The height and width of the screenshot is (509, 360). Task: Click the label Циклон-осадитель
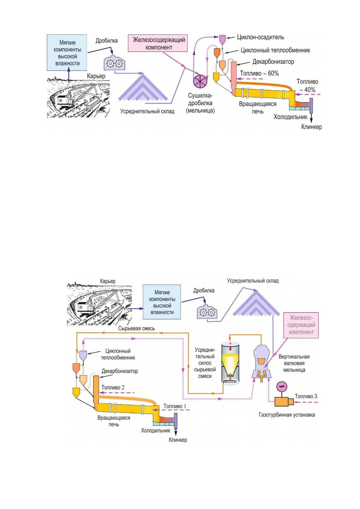coord(260,37)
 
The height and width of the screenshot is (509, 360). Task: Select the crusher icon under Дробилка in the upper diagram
coord(114,63)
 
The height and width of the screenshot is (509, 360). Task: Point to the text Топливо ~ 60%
coord(259,73)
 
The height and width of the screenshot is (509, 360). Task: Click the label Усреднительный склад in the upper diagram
coord(147,111)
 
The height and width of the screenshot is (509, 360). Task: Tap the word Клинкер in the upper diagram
coord(311,127)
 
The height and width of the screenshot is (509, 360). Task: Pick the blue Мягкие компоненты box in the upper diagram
coord(67,53)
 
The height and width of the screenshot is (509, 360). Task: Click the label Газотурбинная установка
coord(287,415)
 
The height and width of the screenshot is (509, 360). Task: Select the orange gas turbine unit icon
coord(284,401)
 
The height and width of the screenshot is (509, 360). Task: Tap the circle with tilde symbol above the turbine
coord(282,386)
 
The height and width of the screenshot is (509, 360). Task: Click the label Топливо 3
coord(306,396)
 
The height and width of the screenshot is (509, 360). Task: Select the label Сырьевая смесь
coord(136,328)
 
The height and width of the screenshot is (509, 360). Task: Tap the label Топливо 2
coord(113,387)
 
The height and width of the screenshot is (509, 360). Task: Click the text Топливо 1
coord(174,406)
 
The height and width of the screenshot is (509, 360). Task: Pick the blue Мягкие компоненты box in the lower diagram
coord(162,302)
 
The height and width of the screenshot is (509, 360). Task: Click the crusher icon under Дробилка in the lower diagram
coord(207,312)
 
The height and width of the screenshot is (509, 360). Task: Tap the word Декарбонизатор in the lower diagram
coord(120,371)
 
